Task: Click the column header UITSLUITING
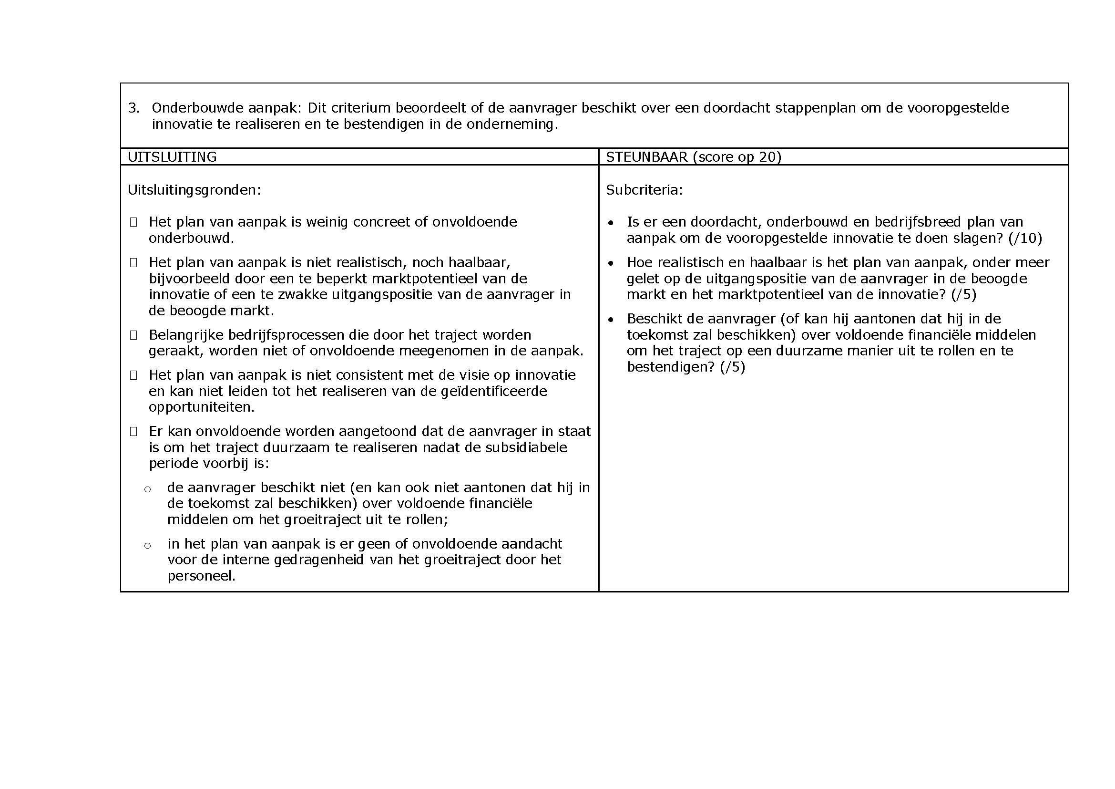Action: coord(172,157)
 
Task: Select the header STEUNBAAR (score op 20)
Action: coord(694,157)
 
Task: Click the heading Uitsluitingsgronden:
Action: coord(194,190)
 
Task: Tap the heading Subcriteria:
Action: coord(644,190)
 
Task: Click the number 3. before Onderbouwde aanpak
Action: coord(133,108)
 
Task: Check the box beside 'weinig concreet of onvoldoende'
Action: coord(133,222)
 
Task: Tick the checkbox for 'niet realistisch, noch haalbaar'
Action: coord(133,263)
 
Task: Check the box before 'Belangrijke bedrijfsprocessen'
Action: coord(133,335)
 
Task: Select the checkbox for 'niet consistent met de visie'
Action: coord(133,375)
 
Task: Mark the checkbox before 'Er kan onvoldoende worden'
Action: coord(133,431)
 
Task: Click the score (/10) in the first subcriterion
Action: coord(1025,238)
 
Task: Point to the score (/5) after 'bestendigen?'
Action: coord(732,367)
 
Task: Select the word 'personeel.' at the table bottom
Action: coord(202,576)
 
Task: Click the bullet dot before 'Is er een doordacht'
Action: coord(611,223)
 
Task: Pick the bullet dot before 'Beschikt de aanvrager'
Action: coord(611,320)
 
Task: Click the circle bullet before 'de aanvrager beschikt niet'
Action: coord(148,489)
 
